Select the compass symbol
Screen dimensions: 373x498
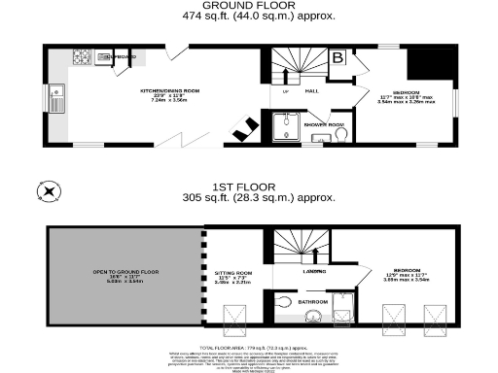[x=45, y=191]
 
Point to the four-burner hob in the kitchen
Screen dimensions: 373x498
[x=81, y=59]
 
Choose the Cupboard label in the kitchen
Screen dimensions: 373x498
[x=119, y=58]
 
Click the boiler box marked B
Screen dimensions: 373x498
[x=338, y=59]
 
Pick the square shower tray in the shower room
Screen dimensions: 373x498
[x=287, y=126]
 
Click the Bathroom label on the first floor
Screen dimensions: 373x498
[x=313, y=302]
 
